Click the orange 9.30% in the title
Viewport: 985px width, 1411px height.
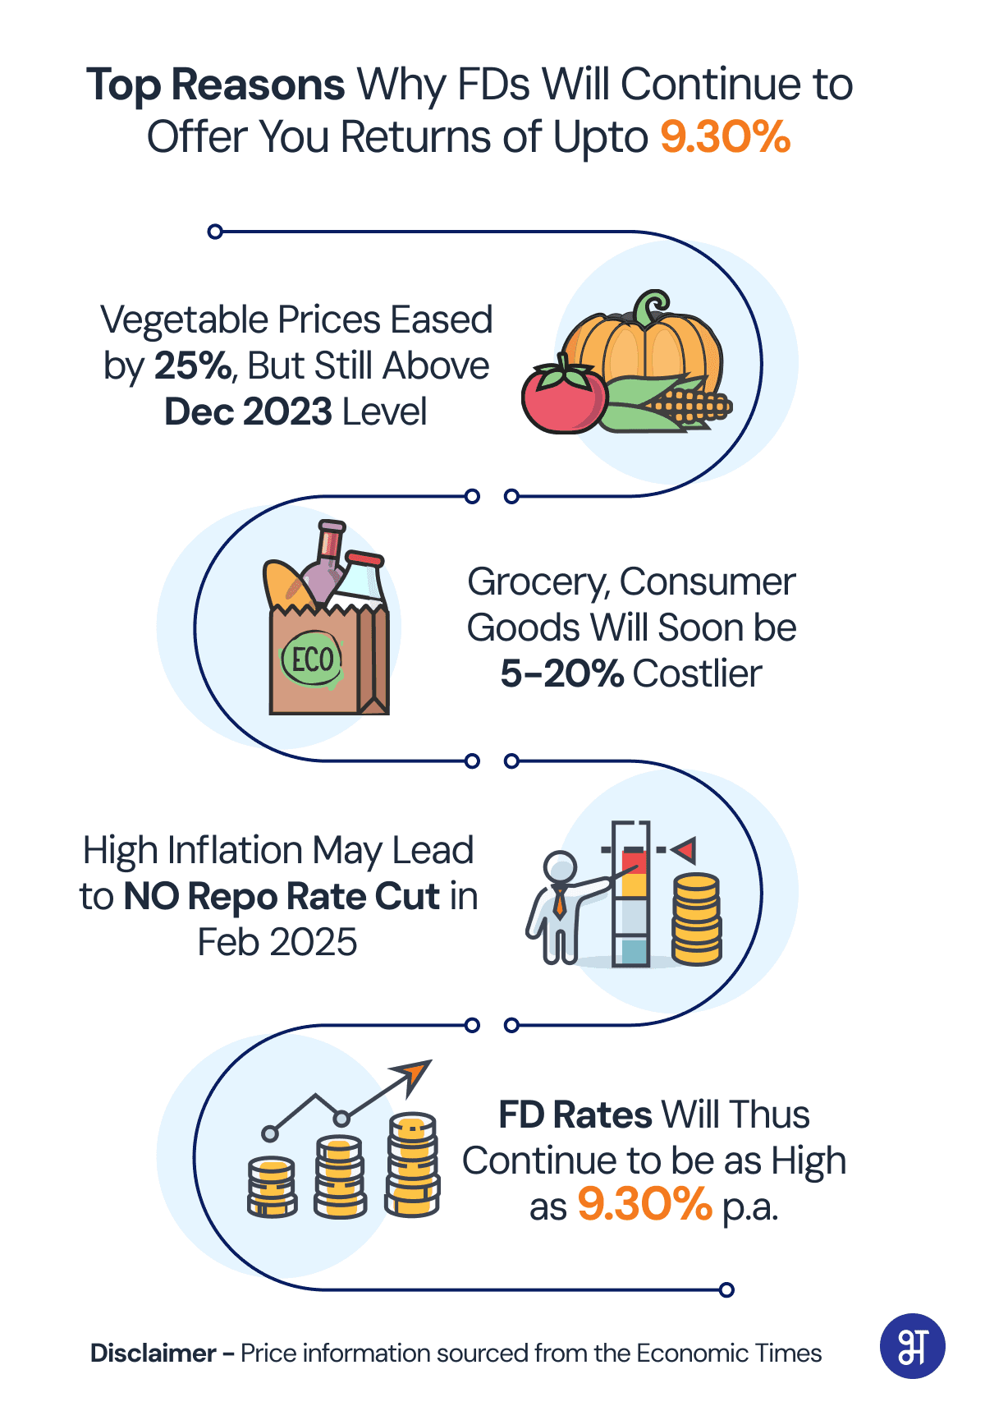tap(725, 136)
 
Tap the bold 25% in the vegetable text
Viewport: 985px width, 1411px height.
tap(194, 365)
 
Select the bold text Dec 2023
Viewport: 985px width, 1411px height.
tap(249, 411)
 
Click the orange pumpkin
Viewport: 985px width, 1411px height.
tap(643, 345)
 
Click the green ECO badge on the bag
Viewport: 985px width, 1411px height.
tap(312, 659)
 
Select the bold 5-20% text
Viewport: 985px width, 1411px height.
tap(562, 673)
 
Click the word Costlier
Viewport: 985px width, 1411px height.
tap(697, 673)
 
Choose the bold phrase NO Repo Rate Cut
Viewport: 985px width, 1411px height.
tap(282, 896)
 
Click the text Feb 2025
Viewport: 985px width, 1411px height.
tap(277, 942)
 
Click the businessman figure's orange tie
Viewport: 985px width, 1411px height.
tap(560, 903)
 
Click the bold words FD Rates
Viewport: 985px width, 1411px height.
tap(575, 1115)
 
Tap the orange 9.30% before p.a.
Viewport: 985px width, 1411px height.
tap(644, 1205)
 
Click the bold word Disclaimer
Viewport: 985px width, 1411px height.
tap(153, 1353)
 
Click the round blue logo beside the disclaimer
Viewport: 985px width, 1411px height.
tap(912, 1346)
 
